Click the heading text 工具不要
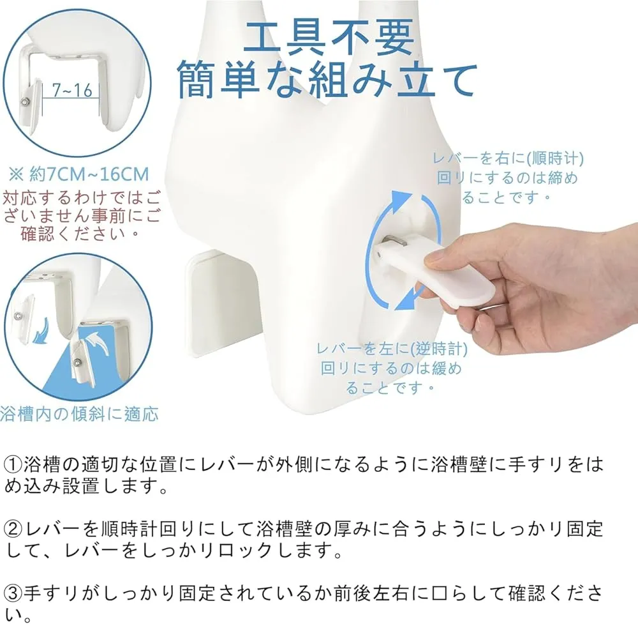click(329, 37)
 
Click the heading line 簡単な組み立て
click(327, 79)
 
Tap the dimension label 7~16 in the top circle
click(72, 90)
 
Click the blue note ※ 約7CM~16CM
click(78, 174)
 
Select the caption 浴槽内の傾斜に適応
click(79, 414)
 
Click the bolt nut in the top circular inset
click(25, 101)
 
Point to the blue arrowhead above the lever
click(401, 199)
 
